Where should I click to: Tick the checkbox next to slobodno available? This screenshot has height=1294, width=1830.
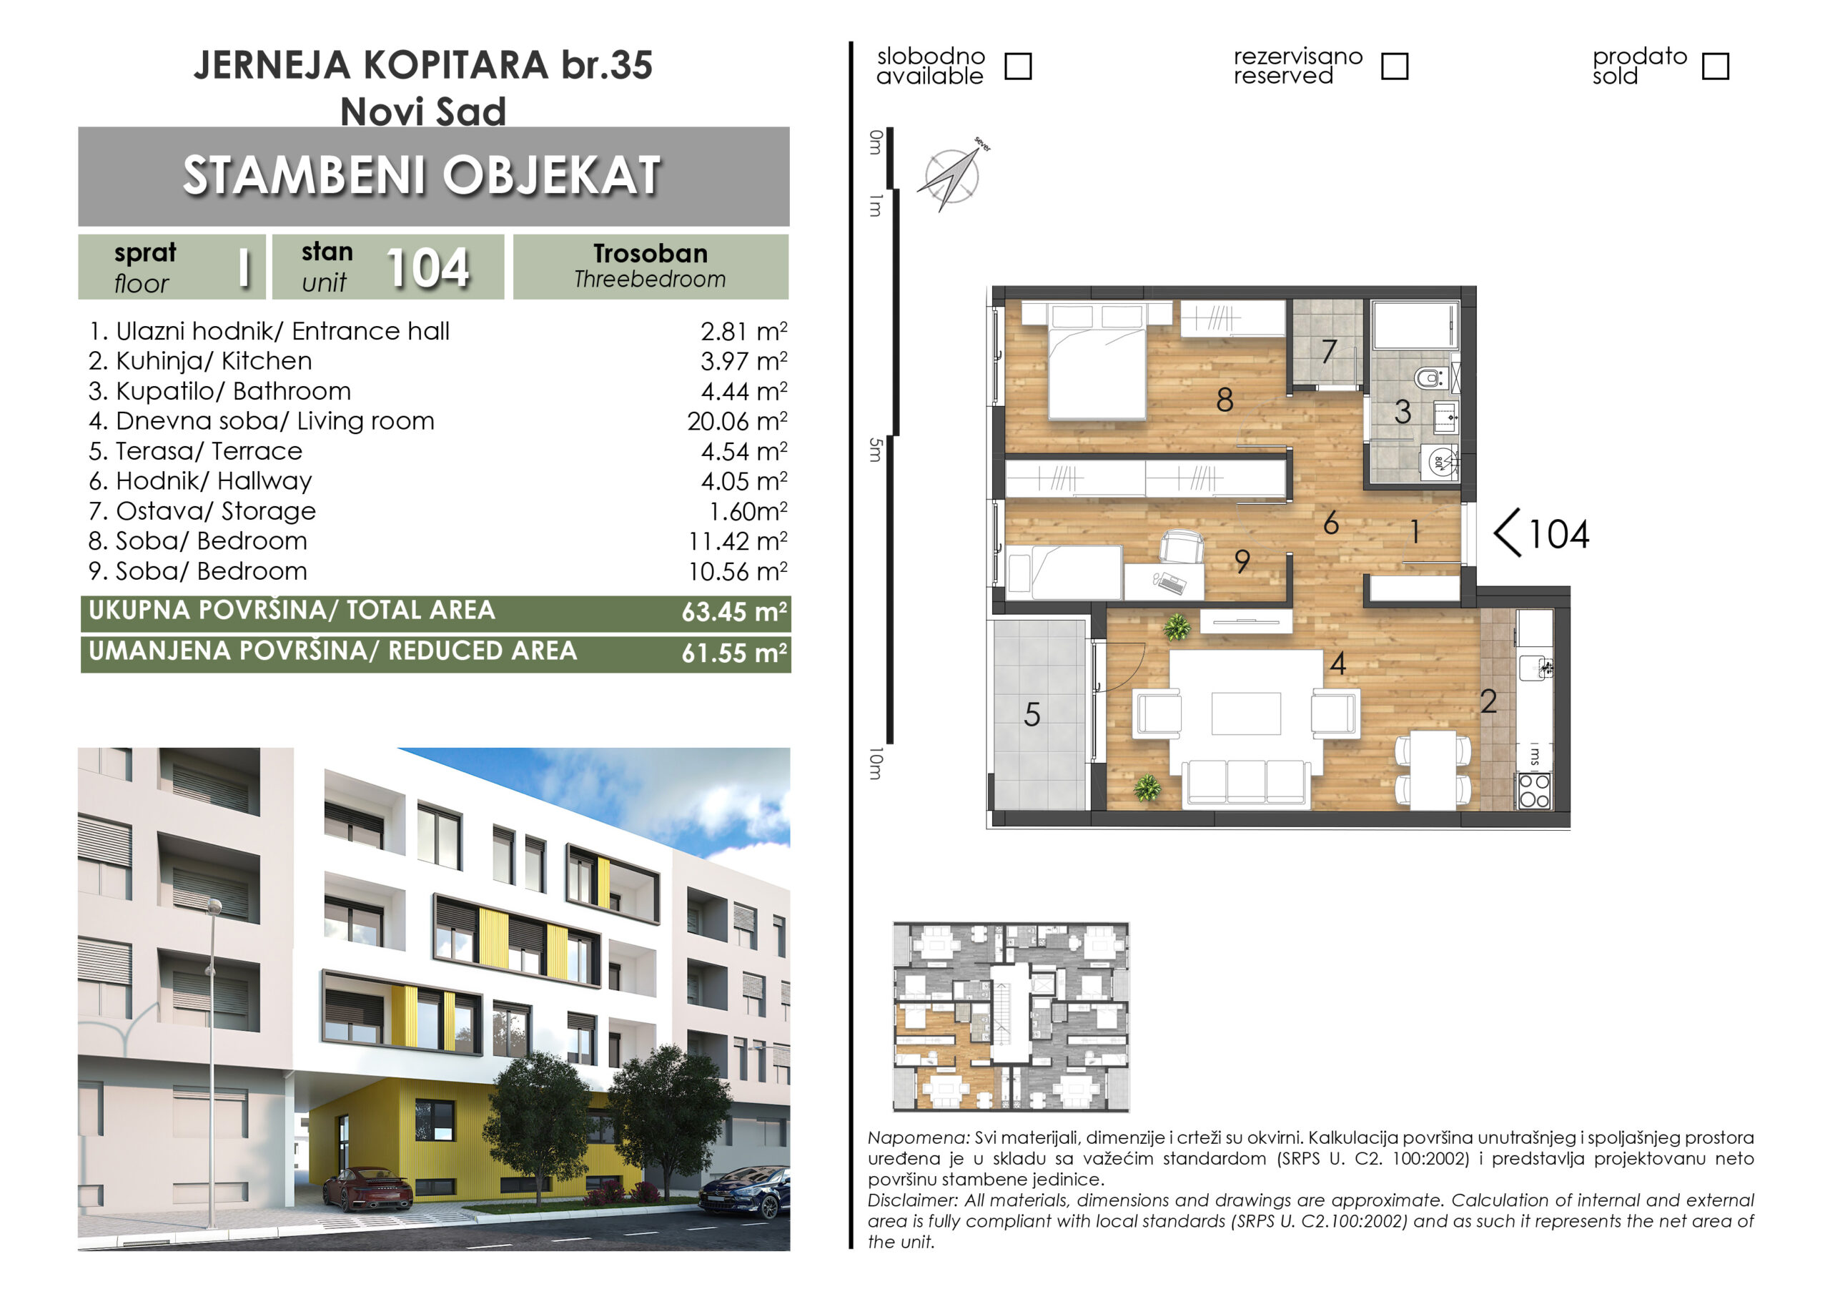coord(1018,66)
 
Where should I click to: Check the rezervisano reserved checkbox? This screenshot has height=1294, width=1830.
coord(1394,66)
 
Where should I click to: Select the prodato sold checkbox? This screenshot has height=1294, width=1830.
coord(1715,66)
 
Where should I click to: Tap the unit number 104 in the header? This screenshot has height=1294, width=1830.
coord(428,268)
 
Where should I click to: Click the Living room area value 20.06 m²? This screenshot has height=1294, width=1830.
coord(737,421)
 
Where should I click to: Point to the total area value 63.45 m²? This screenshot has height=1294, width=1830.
coord(734,611)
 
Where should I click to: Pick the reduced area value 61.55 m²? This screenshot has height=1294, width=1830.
coord(734,653)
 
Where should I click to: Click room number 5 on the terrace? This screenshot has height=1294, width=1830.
coord(1032,714)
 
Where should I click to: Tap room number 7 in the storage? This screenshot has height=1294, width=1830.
coord(1329,351)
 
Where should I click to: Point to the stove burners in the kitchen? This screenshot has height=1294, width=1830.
coord(1533,791)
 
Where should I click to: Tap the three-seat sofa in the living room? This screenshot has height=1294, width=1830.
coord(1246,782)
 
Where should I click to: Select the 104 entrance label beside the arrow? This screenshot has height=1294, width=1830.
coord(1559,534)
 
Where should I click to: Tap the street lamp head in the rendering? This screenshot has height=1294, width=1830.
coord(214,906)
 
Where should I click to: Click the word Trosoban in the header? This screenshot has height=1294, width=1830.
coord(651,254)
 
